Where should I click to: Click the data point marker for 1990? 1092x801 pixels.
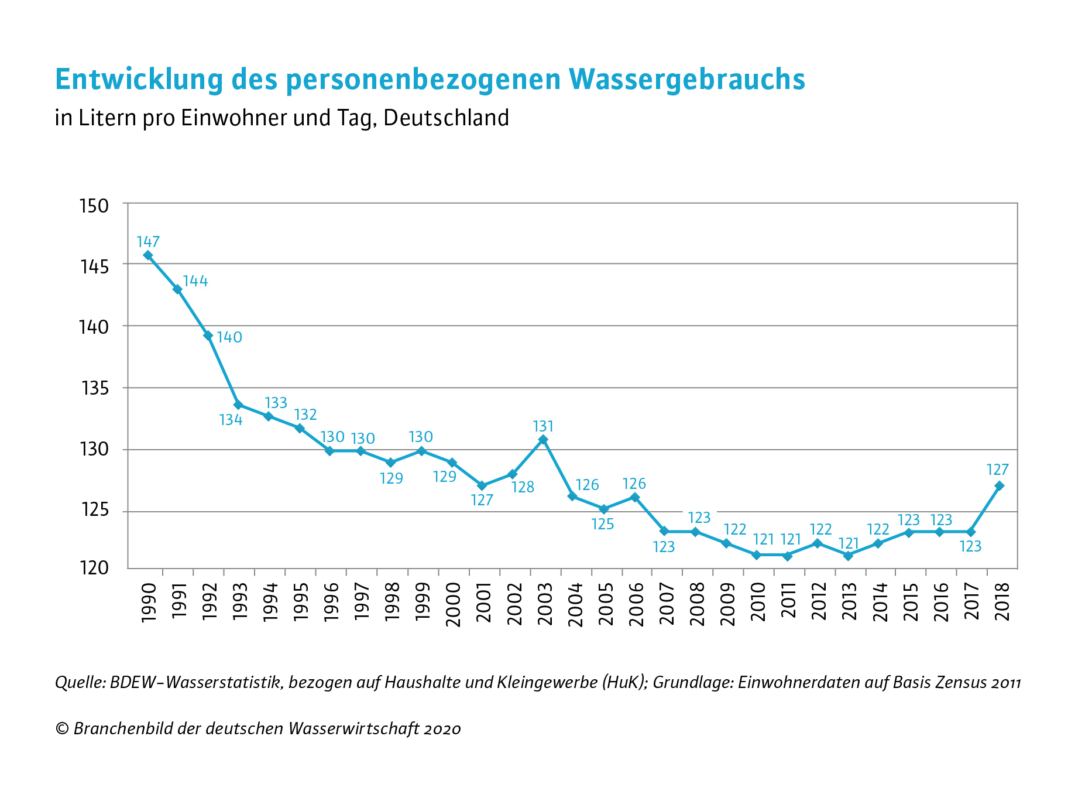point(148,255)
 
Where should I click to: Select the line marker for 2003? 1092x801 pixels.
point(543,439)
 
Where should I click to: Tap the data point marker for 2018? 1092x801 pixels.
point(1000,485)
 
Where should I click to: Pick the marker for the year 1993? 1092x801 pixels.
point(238,405)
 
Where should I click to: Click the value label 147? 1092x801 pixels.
point(148,241)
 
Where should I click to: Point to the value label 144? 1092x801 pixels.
point(195,281)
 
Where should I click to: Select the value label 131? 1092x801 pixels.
point(543,426)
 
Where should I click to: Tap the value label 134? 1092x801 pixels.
point(231,420)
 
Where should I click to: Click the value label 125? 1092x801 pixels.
point(603,524)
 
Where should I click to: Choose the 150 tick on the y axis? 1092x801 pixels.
point(94,206)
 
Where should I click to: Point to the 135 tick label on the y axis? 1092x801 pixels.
point(94,388)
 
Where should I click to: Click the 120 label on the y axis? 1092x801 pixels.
point(94,568)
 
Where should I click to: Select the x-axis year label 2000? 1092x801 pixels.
point(453,604)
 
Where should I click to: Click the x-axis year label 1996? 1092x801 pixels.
point(331,603)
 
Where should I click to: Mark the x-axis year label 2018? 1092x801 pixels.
point(1002,603)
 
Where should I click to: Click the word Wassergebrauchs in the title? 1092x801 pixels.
point(686,79)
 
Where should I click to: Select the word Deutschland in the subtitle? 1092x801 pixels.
point(447,118)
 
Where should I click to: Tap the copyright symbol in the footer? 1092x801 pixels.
point(61,728)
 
